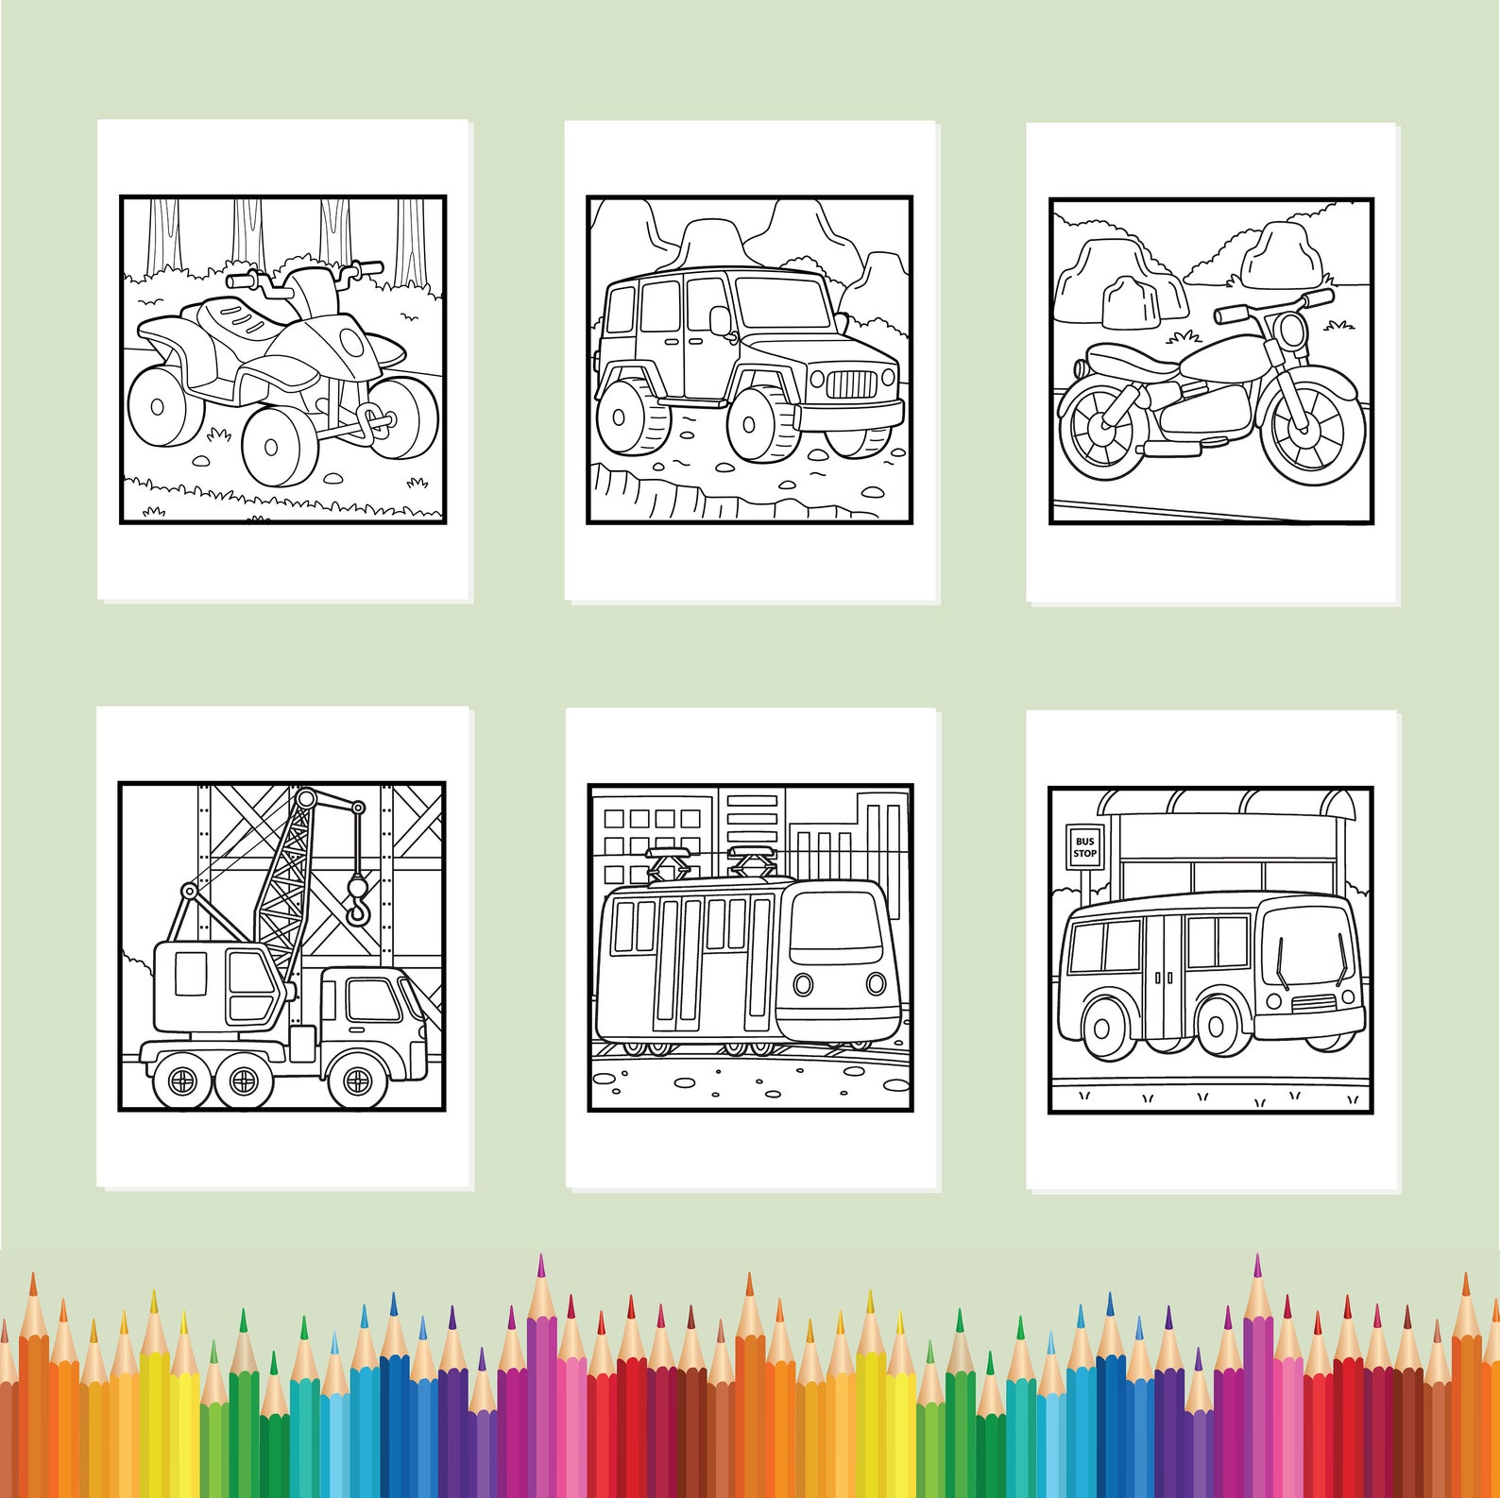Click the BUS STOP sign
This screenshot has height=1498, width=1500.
(x=1084, y=847)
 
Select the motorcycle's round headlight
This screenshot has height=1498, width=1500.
(x=1290, y=331)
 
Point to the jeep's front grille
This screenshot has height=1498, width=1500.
(x=852, y=384)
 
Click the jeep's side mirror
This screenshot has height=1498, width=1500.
(x=720, y=321)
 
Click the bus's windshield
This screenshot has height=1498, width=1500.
(x=1308, y=945)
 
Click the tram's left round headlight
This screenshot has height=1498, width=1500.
(x=803, y=984)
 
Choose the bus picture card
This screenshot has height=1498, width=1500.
(x=1212, y=949)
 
